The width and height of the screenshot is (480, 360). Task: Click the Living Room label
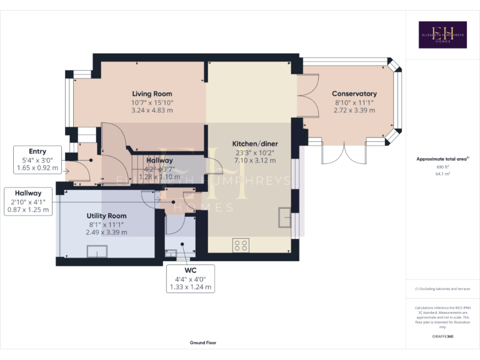tap(152, 94)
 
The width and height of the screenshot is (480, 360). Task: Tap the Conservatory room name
tap(354, 94)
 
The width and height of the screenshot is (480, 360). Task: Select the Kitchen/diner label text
tap(255, 143)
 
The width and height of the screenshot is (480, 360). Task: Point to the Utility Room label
tap(107, 216)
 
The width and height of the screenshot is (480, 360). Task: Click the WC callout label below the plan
tap(191, 271)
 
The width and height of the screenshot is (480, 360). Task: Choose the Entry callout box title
tap(37, 152)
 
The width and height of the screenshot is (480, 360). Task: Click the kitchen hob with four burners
tap(241, 245)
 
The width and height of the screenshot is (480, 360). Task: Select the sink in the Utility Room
tap(97, 251)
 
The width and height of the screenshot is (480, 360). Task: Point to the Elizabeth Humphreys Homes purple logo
tap(442, 35)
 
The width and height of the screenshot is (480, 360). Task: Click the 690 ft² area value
tap(442, 167)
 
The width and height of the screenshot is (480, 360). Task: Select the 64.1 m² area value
tap(442, 174)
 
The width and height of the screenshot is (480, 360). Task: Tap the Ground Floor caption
tap(203, 343)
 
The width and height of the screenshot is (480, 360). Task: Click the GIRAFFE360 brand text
tap(442, 337)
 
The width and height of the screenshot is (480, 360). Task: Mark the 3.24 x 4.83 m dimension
tap(152, 110)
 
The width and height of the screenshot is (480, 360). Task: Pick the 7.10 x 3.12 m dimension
tap(255, 159)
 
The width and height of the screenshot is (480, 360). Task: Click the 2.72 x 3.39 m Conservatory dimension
tap(354, 110)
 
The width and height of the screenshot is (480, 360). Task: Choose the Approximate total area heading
tap(442, 159)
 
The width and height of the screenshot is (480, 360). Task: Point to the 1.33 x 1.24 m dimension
tap(191, 287)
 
